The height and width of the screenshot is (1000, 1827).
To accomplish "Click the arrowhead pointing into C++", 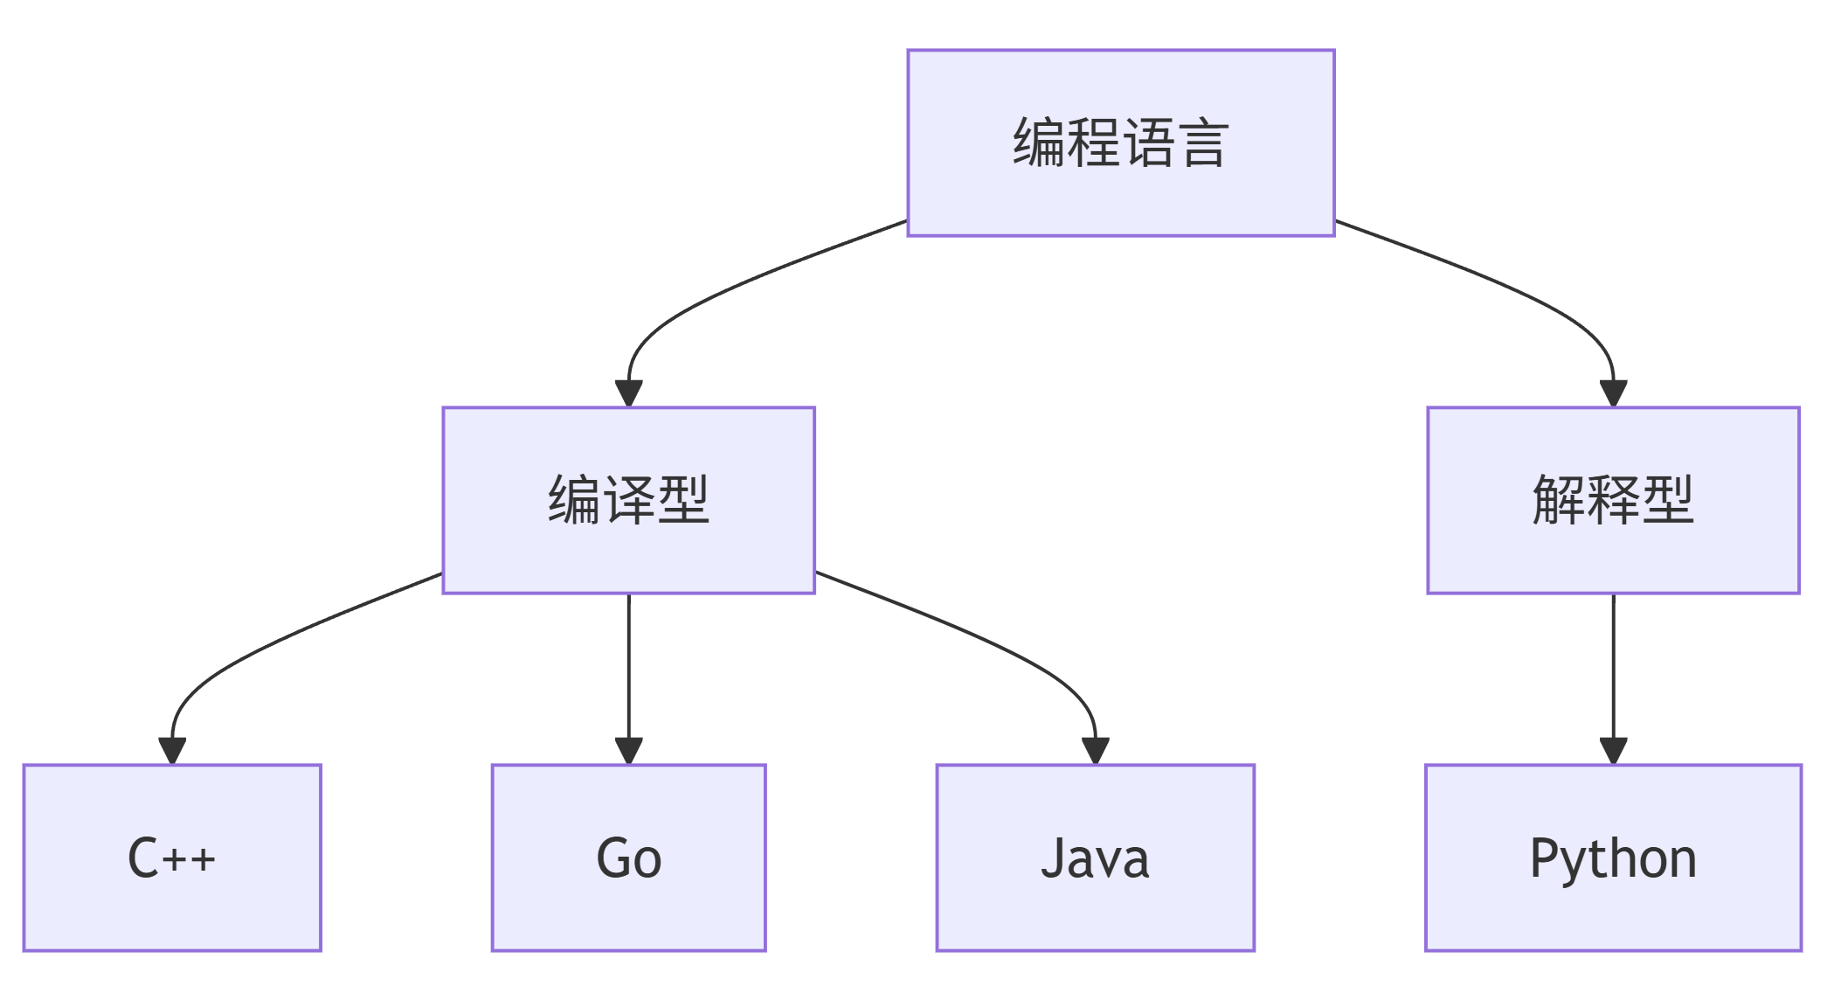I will [x=172, y=750].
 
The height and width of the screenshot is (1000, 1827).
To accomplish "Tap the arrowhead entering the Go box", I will [x=628, y=750].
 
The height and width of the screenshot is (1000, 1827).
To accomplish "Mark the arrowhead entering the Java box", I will [x=1095, y=750].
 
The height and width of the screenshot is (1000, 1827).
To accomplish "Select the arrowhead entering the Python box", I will [x=1613, y=750].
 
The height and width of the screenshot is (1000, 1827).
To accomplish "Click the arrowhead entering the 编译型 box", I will [x=628, y=392].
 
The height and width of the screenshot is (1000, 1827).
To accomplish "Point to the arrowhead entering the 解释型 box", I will [x=1613, y=392].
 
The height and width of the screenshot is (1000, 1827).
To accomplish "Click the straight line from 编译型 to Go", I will [x=628, y=664].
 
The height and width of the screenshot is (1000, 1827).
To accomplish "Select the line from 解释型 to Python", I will [x=1613, y=664].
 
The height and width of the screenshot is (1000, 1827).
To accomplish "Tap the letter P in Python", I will [x=1544, y=857].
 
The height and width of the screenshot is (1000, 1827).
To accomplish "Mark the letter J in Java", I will [x=1052, y=857].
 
